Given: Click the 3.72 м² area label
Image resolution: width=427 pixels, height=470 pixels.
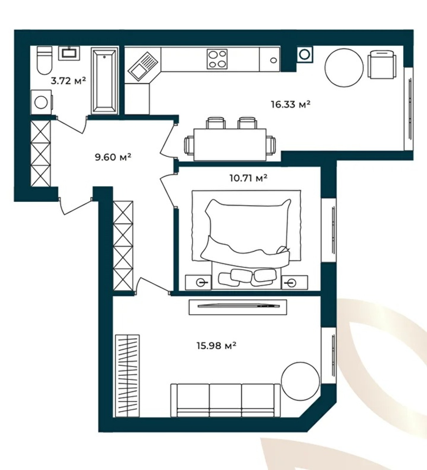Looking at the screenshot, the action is (68, 80).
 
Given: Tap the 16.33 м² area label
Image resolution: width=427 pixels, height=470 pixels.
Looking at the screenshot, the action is (291, 104).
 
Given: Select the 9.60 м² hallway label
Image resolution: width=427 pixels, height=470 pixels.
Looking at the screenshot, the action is (113, 157).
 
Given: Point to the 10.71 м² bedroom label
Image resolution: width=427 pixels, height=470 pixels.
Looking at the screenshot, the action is (248, 178).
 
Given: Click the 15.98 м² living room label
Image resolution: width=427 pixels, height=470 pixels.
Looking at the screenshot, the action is (216, 345).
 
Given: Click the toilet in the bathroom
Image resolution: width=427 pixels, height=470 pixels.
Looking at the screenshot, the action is (45, 61).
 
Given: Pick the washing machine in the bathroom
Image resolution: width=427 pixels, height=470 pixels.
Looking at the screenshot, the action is (42, 102).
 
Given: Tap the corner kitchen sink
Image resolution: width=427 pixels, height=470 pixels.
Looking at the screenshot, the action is (142, 66).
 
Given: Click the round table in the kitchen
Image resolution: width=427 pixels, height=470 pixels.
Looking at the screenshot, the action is (344, 67).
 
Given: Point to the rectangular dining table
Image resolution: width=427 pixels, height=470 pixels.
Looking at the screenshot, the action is (230, 145).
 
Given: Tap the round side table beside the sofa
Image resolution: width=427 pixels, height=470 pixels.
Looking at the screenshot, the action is (300, 381).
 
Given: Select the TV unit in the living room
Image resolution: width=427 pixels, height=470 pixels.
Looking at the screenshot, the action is (238, 307).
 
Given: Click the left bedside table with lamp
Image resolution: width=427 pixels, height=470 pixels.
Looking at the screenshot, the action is (198, 283).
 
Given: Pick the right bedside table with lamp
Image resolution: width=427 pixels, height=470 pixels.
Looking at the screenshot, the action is (295, 283).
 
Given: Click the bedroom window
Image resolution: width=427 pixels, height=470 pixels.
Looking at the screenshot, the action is (328, 230).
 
